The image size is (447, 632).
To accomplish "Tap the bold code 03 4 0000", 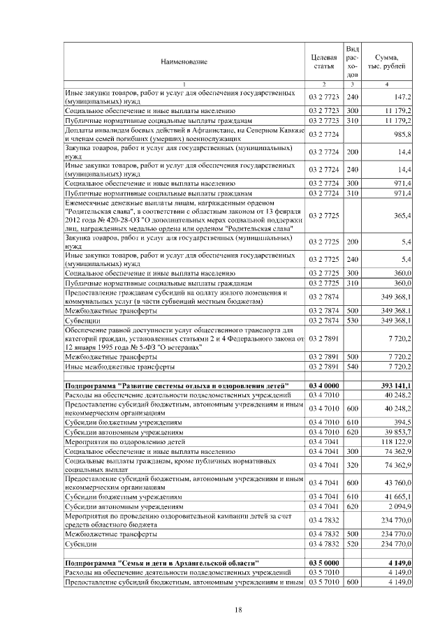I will point(324,385).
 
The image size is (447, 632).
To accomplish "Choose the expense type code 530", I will point(352,320).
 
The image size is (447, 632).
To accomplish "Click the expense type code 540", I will point(352,365).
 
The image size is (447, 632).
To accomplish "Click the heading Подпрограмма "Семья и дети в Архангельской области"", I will point(161,562).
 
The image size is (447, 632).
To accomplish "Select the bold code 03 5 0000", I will point(324,562).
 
